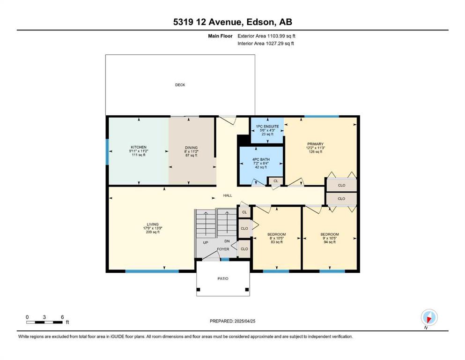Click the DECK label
180,85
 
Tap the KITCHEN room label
139,147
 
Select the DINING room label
191,148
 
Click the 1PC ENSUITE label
267,127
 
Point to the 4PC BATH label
261,159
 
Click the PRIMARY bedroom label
315,144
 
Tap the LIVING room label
153,225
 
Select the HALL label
228,195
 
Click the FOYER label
223,249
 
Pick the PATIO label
223,279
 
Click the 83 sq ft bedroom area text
277,242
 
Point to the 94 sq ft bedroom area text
330,242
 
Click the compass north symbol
429,317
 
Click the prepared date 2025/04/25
245,321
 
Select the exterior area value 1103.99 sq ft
281,36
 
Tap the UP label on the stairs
206,242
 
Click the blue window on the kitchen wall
107,152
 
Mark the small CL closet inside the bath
276,181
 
